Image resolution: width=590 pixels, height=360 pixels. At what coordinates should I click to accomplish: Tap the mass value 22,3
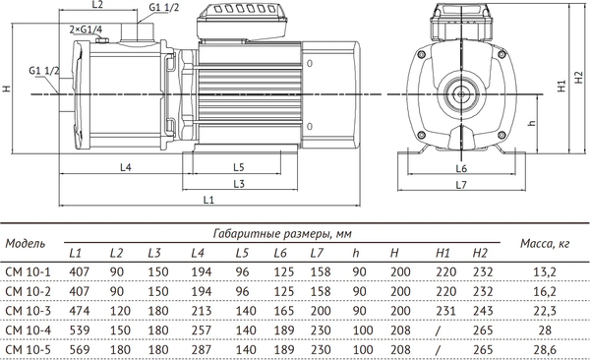coord(540,310)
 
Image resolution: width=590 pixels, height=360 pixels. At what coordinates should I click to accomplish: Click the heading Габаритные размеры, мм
coord(281,236)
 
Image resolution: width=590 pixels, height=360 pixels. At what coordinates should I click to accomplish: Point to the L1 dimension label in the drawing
coord(209,200)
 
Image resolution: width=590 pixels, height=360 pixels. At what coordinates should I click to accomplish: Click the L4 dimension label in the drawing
coord(126,166)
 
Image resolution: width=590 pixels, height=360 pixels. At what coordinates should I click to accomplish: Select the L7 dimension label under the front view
coord(461,186)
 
